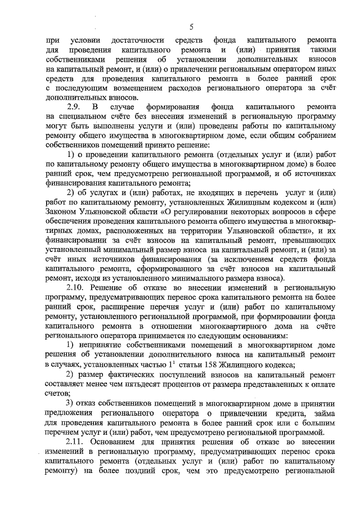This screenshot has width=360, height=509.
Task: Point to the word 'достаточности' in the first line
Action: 138,40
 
